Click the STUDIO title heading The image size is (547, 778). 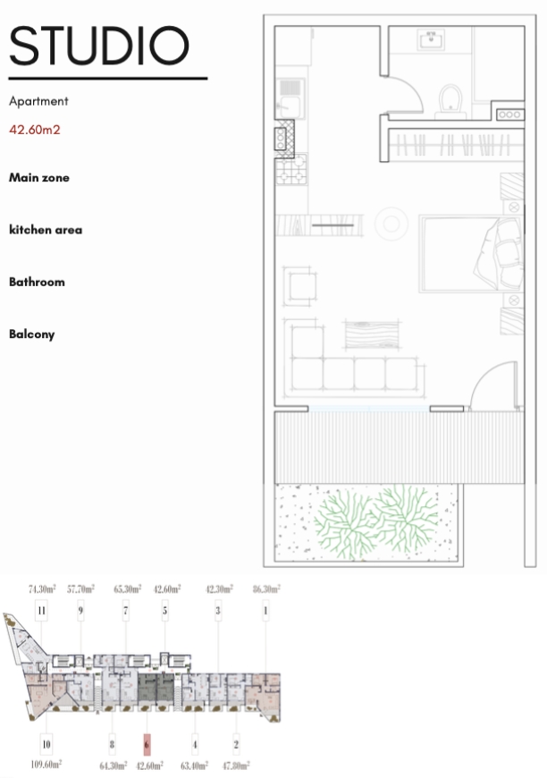[x=98, y=46]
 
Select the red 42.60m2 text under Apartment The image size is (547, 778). [x=35, y=130]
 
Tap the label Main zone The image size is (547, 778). [x=39, y=178]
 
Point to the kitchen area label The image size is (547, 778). [x=46, y=230]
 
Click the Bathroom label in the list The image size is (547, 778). [x=38, y=282]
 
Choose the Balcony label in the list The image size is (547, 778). [x=32, y=334]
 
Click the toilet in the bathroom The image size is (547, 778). [x=450, y=101]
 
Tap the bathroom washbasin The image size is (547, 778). [x=431, y=39]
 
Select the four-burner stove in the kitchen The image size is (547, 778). [x=291, y=169]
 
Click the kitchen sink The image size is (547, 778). [x=290, y=98]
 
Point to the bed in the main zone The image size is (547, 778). [x=471, y=254]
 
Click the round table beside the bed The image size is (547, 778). [x=391, y=224]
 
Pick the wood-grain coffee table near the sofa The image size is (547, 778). [x=373, y=335]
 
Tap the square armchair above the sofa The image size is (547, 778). [x=300, y=286]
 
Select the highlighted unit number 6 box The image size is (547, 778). [x=147, y=744]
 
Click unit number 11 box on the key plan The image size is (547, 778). [x=41, y=610]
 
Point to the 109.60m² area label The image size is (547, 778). [x=46, y=765]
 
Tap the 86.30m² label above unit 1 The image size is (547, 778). [x=266, y=589]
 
